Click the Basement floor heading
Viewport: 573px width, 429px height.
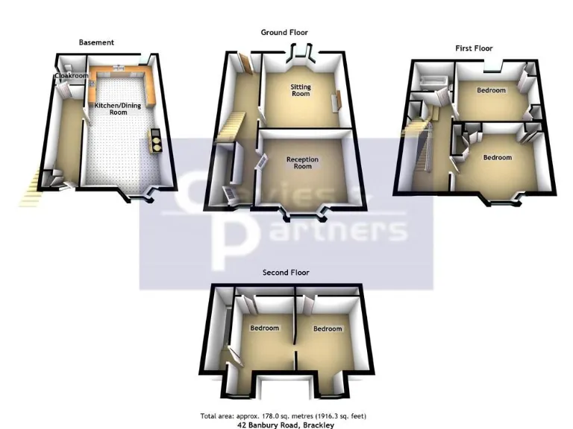click(96, 42)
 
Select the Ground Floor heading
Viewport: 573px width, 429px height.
click(284, 32)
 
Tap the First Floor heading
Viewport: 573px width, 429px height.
click(474, 48)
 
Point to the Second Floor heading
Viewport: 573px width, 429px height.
click(286, 273)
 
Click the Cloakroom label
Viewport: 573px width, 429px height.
click(67, 75)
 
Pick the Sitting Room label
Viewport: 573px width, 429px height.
click(301, 91)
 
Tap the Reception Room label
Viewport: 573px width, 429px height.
click(303, 163)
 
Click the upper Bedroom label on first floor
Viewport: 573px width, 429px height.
click(491, 91)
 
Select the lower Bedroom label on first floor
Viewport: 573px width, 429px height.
click(498, 157)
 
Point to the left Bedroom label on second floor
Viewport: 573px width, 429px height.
click(264, 328)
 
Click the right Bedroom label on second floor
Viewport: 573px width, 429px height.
click(328, 328)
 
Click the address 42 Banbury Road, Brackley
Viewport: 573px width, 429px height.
click(286, 425)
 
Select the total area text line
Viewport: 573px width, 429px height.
click(283, 416)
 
